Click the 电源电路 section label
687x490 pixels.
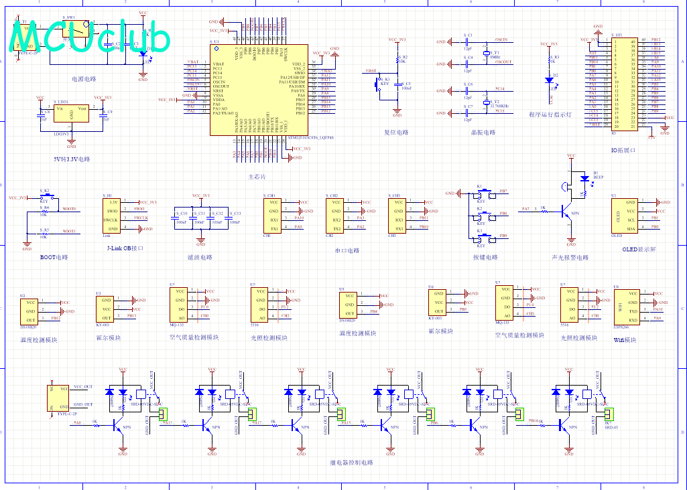coord(84,79)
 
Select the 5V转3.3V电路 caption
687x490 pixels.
coord(72,159)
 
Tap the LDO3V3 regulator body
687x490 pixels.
coord(72,114)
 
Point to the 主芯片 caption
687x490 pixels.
coord(257,177)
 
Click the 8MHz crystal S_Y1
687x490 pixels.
coord(488,56)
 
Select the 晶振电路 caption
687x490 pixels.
coord(483,133)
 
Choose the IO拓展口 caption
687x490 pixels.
coord(623,151)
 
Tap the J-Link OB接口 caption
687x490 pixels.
coord(125,248)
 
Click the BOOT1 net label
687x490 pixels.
coord(69,231)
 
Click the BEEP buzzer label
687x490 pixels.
coord(598,177)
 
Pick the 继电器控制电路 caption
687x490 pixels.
coord(352,463)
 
